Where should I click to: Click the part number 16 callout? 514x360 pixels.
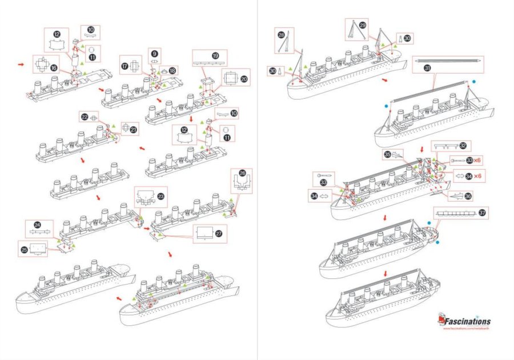point(53,68)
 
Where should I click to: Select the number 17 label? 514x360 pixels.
point(124,66)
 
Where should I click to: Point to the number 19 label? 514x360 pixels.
point(215,56)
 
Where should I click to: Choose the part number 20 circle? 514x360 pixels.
point(244,79)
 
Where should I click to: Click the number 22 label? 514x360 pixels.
point(85,117)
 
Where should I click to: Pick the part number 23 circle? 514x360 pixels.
point(162,196)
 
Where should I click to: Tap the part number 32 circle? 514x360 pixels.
point(463,146)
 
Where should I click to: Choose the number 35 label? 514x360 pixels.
point(387,154)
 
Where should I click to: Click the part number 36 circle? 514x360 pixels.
point(468,195)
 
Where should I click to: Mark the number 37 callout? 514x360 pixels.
point(483,213)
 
